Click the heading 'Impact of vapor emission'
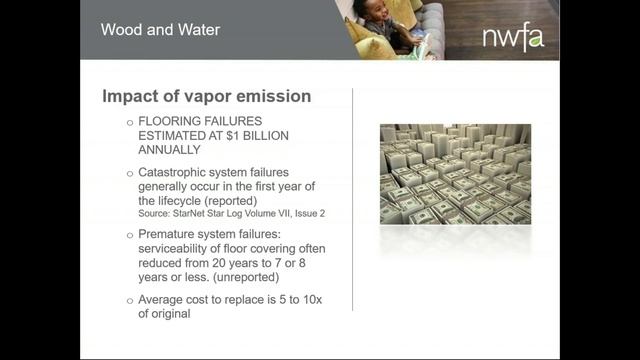point(207,97)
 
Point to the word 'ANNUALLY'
point(173,149)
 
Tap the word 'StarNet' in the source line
point(198,214)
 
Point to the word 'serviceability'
point(180,248)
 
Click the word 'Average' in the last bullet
point(168,299)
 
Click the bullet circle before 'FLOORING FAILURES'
point(129,121)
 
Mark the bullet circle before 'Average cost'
point(129,299)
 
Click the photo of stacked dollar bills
point(455,174)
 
